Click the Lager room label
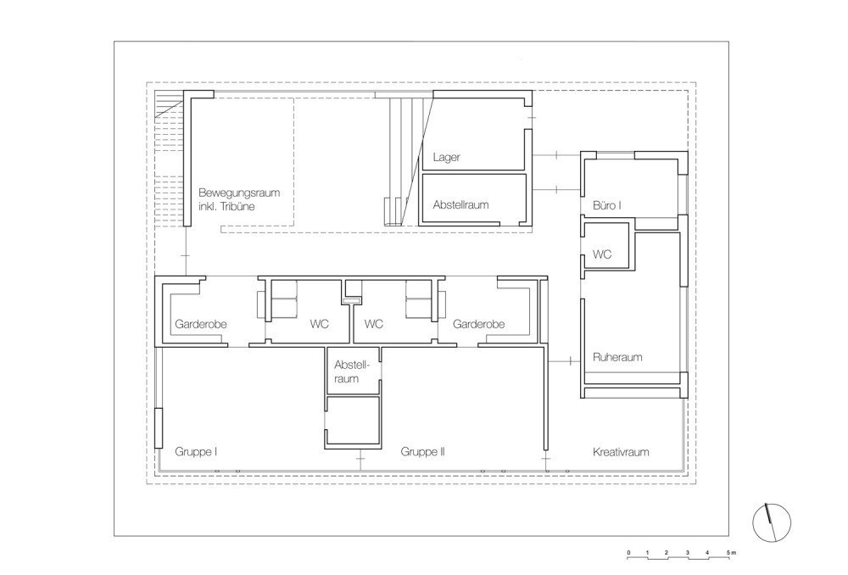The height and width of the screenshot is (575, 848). [x=446, y=158]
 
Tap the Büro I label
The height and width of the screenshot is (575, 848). [x=607, y=205]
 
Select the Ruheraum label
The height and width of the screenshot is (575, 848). [x=617, y=357]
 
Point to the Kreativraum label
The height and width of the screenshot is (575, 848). [x=621, y=452]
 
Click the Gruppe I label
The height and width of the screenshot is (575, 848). [x=196, y=452]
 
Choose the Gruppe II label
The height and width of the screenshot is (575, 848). [x=422, y=452]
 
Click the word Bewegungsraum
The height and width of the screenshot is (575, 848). [x=239, y=193]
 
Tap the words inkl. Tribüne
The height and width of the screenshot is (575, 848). [x=226, y=207]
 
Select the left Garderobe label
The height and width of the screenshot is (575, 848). [x=201, y=324]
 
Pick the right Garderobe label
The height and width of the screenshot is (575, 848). [x=478, y=324]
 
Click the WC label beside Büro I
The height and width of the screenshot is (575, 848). [x=602, y=254]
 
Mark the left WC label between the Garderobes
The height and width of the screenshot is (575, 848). [x=319, y=324]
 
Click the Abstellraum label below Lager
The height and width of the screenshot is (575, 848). [x=460, y=205]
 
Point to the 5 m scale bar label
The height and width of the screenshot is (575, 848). [x=731, y=553]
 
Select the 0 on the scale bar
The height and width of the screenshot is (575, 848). [x=628, y=553]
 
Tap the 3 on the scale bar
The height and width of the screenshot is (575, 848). [x=688, y=553]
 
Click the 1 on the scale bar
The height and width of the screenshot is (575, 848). [x=647, y=553]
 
